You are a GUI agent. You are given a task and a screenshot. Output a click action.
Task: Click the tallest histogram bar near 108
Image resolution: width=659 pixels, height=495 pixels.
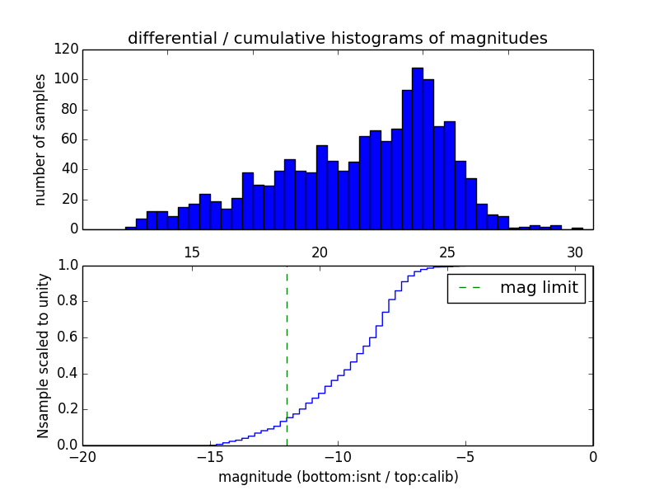coord(418,148)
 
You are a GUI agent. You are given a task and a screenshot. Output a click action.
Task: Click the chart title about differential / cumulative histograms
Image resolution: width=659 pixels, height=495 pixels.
coord(337,38)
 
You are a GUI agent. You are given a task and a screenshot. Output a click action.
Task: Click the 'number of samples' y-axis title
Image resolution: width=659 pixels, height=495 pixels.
coord(40,139)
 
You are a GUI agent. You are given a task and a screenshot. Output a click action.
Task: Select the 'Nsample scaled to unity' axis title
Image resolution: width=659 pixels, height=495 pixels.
coord(43,356)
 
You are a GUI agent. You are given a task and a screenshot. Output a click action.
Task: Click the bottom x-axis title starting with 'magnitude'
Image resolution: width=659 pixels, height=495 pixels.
coord(338,477)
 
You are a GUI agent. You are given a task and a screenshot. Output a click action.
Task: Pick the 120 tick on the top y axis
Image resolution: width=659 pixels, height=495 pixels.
coord(68,49)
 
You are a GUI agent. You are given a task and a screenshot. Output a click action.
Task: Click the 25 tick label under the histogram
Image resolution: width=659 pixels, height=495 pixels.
coord(447,252)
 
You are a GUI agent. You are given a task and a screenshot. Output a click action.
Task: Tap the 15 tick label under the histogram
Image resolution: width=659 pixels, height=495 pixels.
coord(192,252)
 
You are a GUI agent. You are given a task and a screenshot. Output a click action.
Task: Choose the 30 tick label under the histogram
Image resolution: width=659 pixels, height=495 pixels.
coord(575,252)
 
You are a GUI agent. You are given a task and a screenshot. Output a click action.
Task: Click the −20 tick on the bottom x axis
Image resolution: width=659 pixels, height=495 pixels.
coord(83,457)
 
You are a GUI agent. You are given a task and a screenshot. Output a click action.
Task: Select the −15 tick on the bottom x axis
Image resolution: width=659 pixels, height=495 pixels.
coord(211,457)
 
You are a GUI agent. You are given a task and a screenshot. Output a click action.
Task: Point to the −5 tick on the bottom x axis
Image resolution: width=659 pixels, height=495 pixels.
coord(465,457)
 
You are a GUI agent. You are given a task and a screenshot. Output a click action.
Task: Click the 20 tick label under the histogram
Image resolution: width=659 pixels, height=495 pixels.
coord(320,252)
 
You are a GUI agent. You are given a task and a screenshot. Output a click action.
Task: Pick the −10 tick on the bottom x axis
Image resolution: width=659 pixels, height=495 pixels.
coord(338,457)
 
